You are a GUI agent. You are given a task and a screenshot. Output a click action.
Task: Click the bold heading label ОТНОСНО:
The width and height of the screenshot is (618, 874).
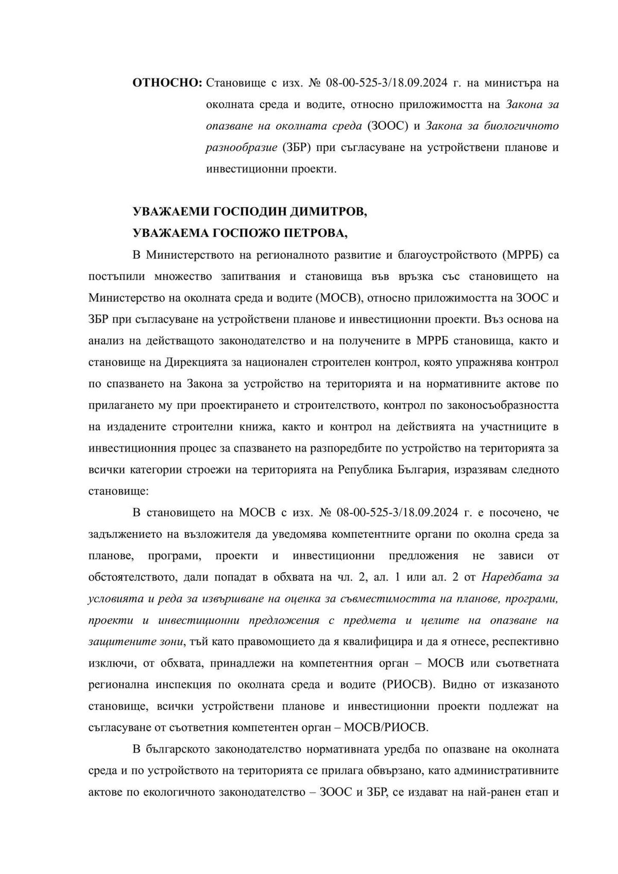(167, 83)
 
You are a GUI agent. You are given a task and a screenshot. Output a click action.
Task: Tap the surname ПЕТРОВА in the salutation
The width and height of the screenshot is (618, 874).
(315, 233)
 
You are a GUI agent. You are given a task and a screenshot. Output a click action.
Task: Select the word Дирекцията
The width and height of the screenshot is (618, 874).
(198, 362)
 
